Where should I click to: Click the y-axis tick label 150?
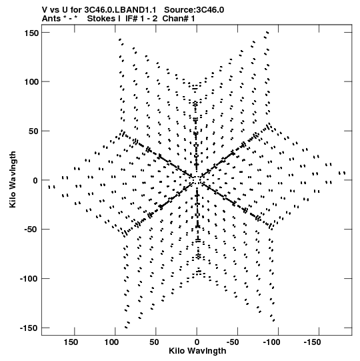(31, 33)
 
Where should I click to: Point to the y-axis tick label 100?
(31, 81)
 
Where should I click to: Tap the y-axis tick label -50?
(31, 230)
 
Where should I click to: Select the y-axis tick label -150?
(29, 328)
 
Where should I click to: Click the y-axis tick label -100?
(29, 279)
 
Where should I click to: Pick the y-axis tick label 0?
(35, 180)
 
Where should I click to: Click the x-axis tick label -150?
(312, 342)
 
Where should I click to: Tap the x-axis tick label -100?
(272, 342)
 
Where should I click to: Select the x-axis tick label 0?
(197, 342)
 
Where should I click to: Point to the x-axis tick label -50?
(233, 342)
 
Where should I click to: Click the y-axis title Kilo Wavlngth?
(13, 179)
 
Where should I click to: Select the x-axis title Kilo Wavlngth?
(197, 351)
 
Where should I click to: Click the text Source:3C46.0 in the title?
(194, 10)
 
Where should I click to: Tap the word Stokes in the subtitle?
(101, 19)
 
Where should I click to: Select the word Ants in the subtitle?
(51, 19)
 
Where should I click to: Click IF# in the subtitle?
(131, 19)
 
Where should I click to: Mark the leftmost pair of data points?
(51, 188)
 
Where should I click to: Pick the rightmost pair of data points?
(342, 173)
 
